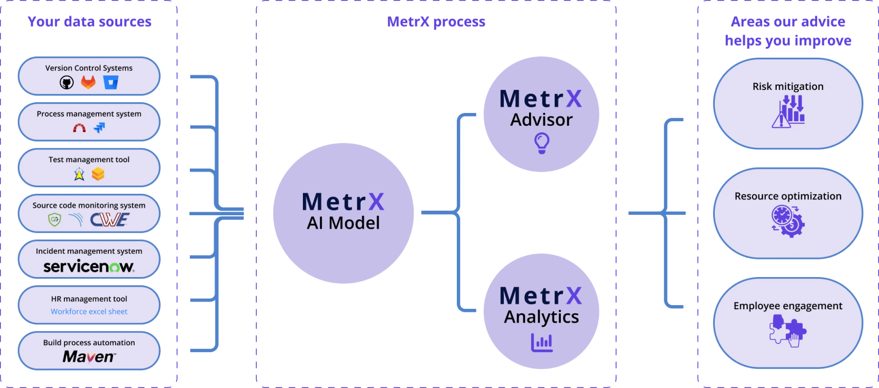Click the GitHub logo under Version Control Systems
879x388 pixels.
click(x=67, y=82)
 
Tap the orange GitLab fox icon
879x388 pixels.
click(x=89, y=82)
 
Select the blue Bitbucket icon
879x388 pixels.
click(x=111, y=82)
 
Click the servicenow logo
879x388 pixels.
click(x=89, y=266)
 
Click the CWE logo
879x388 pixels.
click(x=109, y=220)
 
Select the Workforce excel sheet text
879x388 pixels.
click(x=89, y=311)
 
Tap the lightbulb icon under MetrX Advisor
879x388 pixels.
click(x=541, y=143)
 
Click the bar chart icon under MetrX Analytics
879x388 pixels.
click(x=541, y=342)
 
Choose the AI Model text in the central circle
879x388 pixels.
click(x=343, y=223)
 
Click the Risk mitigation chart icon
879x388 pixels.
click(x=788, y=111)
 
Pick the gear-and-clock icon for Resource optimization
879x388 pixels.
click(x=788, y=221)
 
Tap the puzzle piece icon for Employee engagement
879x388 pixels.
click(x=788, y=331)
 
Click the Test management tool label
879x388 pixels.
click(x=89, y=159)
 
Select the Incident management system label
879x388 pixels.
click(x=89, y=251)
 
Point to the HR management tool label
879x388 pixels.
click(x=89, y=299)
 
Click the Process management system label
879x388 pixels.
click(x=89, y=113)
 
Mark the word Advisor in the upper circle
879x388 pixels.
click(x=541, y=120)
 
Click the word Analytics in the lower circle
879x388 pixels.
click(x=541, y=317)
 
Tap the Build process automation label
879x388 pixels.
click(x=89, y=343)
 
